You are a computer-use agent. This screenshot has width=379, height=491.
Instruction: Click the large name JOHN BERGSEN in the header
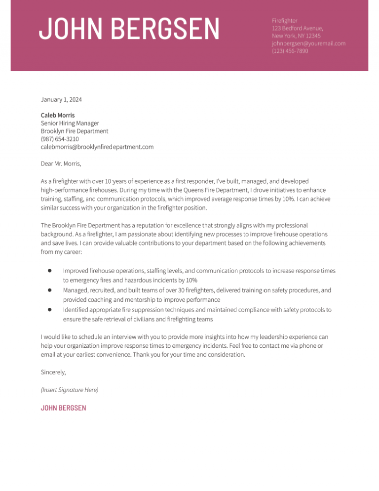click(x=129, y=29)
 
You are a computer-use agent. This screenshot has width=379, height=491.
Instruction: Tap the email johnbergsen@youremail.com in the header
click(x=308, y=43)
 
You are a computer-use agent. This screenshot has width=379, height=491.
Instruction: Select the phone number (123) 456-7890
click(x=290, y=51)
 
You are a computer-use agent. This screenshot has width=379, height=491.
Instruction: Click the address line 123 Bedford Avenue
click(x=297, y=28)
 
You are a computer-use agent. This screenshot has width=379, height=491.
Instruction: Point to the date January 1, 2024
click(x=61, y=100)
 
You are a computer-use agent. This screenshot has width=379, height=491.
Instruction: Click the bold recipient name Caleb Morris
click(x=58, y=115)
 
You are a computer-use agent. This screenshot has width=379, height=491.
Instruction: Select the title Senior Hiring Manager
click(x=70, y=123)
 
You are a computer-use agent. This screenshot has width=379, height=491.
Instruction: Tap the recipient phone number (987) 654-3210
click(x=60, y=139)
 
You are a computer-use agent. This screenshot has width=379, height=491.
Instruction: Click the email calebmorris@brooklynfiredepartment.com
click(x=97, y=147)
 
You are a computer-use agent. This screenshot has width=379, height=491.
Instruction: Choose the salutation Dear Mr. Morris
click(x=61, y=163)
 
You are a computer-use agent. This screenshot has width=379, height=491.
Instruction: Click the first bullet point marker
click(x=50, y=271)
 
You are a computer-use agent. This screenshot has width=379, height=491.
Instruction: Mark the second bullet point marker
click(x=50, y=290)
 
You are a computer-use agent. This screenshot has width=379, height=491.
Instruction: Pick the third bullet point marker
click(x=50, y=310)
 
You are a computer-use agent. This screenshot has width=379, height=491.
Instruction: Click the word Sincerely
click(x=53, y=372)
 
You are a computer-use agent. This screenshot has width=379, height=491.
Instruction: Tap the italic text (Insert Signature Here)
click(x=70, y=390)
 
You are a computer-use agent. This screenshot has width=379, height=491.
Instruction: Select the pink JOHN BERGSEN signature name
click(x=63, y=408)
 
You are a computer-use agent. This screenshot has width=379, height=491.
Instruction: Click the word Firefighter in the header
click(x=285, y=20)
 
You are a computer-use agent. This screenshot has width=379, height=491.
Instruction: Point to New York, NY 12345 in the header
click(x=296, y=36)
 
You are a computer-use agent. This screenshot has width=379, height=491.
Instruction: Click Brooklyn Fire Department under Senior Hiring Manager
click(x=75, y=131)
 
